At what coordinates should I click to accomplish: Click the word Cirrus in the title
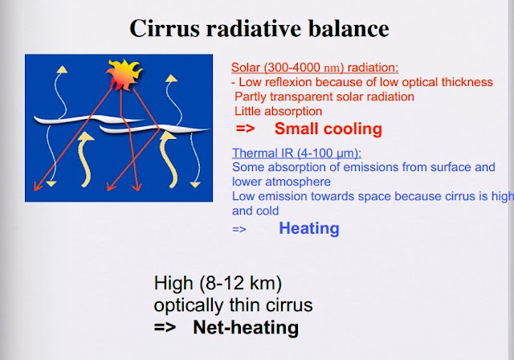pyautogui.click(x=165, y=28)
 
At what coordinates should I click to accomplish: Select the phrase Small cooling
pyautogui.click(x=328, y=129)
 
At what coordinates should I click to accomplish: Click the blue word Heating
pyautogui.click(x=309, y=228)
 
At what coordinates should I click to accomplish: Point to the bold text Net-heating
pyautogui.click(x=246, y=327)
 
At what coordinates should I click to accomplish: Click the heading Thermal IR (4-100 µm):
pyautogui.click(x=296, y=153)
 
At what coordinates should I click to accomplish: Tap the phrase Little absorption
pyautogui.click(x=279, y=111)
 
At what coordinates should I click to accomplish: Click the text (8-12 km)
pyautogui.click(x=240, y=283)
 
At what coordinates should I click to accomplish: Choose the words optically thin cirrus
pyautogui.click(x=233, y=305)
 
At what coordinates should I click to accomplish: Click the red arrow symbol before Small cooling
pyautogui.click(x=245, y=129)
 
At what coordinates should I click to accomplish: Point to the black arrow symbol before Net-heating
pyautogui.click(x=165, y=327)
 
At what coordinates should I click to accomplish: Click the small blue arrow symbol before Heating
pyautogui.click(x=239, y=229)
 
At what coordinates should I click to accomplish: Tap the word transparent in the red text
pyautogui.click(x=304, y=96)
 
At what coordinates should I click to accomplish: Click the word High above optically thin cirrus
pyautogui.click(x=173, y=283)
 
